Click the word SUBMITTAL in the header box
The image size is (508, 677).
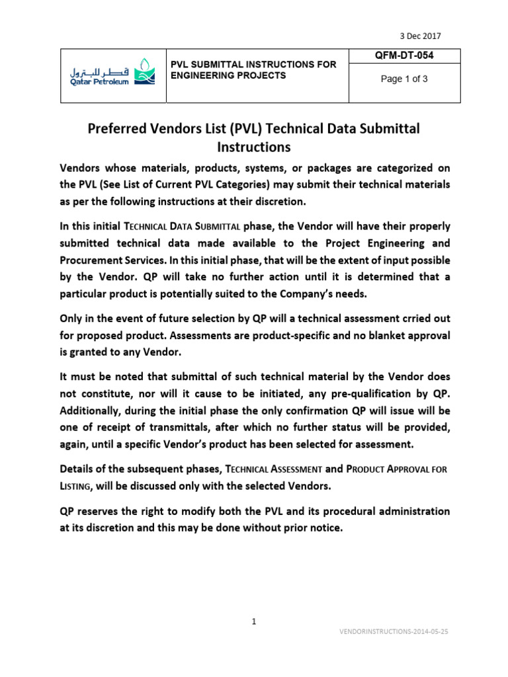pos(220,64)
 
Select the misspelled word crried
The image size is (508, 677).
pos(400,318)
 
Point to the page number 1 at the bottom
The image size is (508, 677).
pos(254,621)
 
